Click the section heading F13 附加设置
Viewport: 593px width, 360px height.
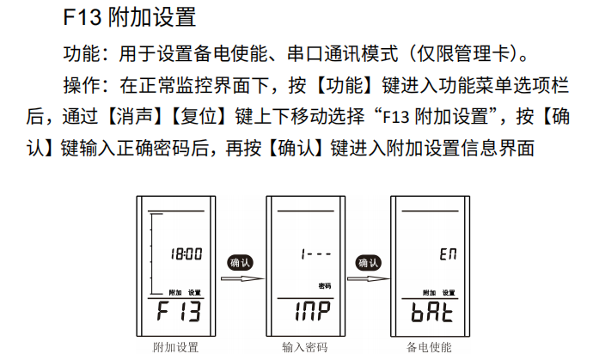(x=129, y=17)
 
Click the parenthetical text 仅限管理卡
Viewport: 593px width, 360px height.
(x=464, y=53)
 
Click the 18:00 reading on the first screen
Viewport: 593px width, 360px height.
(x=186, y=253)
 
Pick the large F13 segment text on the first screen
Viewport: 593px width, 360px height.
(x=179, y=311)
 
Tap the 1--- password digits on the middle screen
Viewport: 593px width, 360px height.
(x=315, y=253)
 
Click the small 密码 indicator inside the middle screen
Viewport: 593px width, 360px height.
(x=325, y=286)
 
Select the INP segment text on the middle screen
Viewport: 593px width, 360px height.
(x=312, y=311)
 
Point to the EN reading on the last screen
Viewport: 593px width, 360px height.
(x=448, y=254)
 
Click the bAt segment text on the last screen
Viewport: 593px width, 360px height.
(x=432, y=311)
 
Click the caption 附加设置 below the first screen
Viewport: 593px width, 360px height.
(x=176, y=347)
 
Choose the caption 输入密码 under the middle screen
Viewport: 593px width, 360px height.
(x=305, y=347)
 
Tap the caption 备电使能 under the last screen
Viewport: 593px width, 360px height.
(x=429, y=347)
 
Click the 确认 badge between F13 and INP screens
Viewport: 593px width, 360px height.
(x=240, y=262)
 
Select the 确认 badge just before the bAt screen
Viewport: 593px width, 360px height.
(x=368, y=262)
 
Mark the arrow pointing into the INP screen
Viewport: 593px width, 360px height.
(x=243, y=279)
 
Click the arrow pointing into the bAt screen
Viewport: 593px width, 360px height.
(x=369, y=279)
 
